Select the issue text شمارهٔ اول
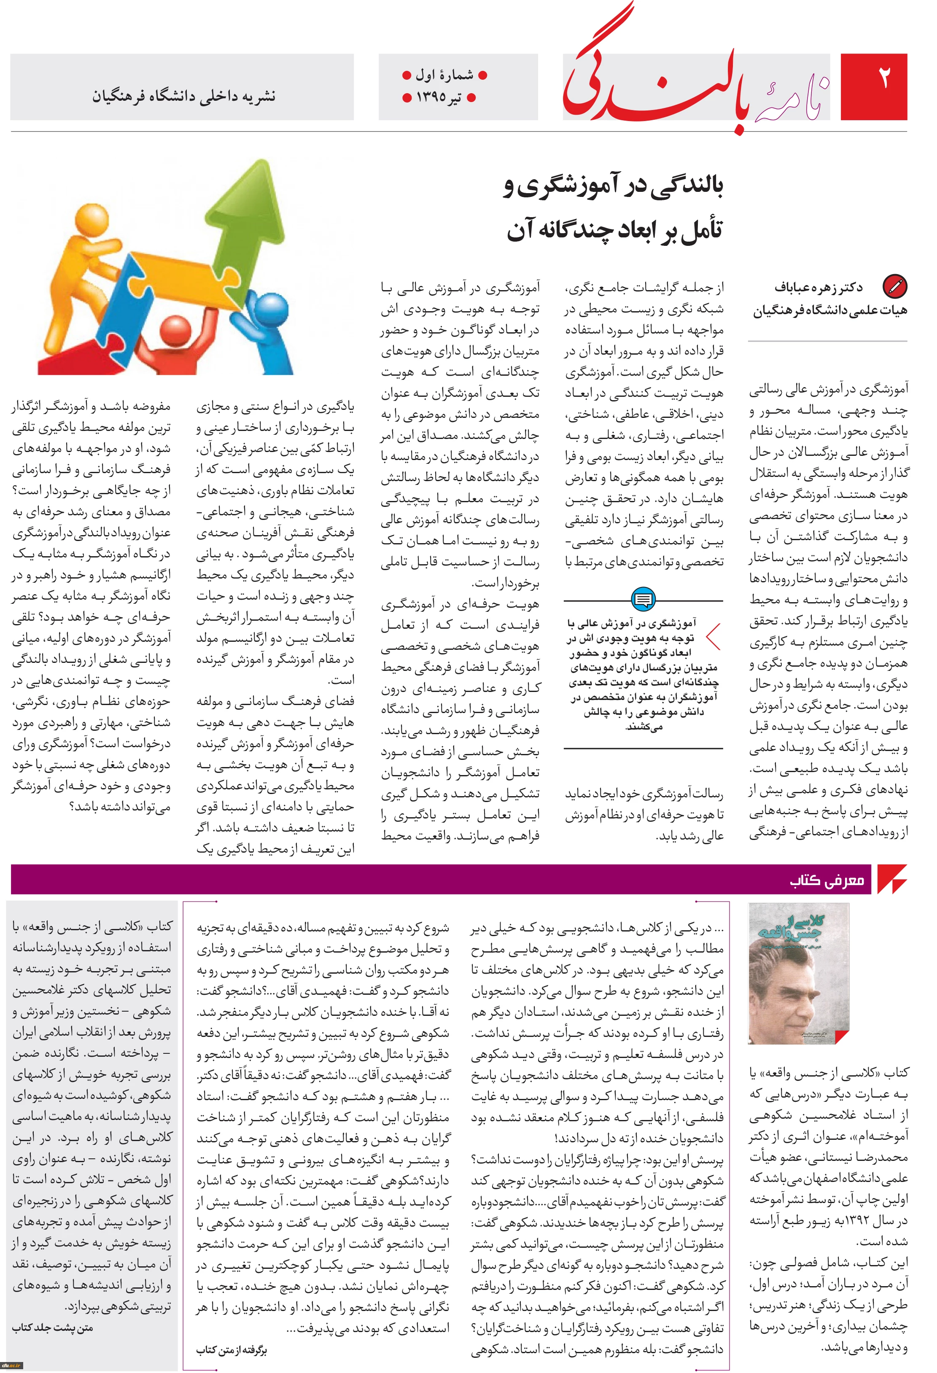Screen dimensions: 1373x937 pos(444,75)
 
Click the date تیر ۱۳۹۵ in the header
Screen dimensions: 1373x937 pos(439,97)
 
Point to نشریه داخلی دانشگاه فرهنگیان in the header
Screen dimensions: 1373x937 pos(183,96)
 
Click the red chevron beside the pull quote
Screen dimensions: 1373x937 pos(714,637)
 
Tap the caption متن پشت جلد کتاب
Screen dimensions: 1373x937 pos(53,1327)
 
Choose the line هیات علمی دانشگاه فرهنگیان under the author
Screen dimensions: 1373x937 pos(829,310)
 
